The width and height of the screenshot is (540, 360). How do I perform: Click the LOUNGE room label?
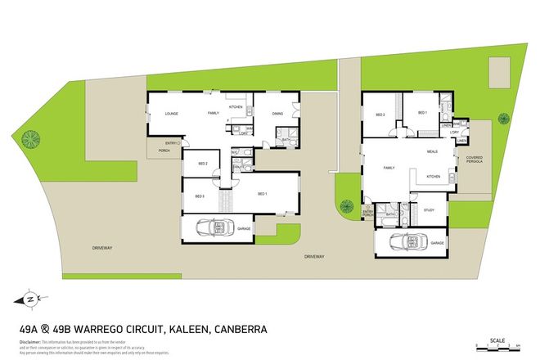pos(172,114)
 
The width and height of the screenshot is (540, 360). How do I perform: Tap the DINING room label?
pos(277,114)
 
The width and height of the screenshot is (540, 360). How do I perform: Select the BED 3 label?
pos(200,196)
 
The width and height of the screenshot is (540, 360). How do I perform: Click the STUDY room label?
pos(429,210)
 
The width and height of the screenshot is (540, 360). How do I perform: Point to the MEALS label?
pos(431,152)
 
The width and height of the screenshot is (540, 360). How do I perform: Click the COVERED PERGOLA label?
pos(475,160)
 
